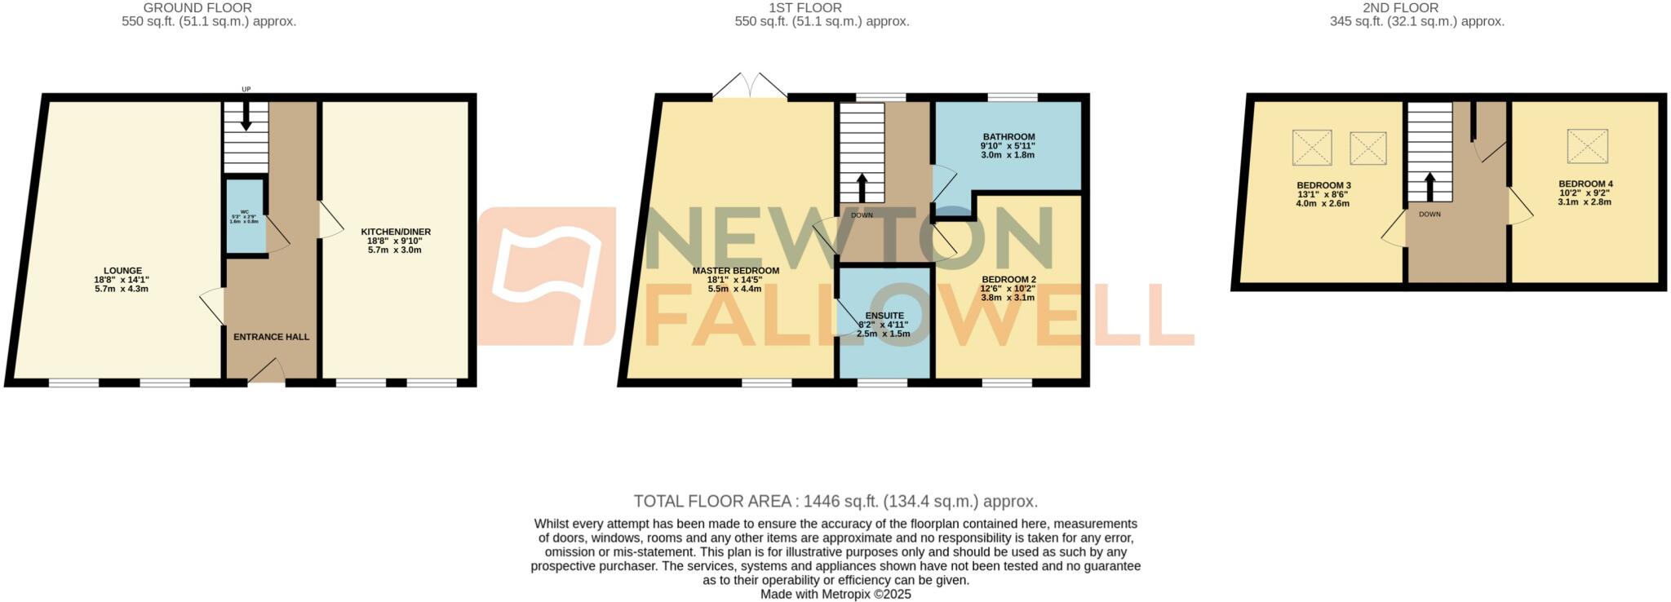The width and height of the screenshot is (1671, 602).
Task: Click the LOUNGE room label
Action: pyautogui.click(x=122, y=271)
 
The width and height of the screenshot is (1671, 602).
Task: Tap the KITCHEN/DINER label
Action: pyautogui.click(x=396, y=232)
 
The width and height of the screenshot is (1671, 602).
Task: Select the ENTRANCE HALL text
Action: pyautogui.click(x=271, y=337)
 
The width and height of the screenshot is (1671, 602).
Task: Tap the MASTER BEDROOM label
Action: pyautogui.click(x=735, y=271)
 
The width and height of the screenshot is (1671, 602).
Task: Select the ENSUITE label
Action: pyautogui.click(x=884, y=316)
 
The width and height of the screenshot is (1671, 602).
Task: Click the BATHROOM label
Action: pyautogui.click(x=1008, y=137)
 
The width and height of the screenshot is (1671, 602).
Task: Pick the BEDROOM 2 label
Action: pyautogui.click(x=1008, y=279)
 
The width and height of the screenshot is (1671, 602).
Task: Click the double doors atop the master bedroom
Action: pyautogui.click(x=750, y=86)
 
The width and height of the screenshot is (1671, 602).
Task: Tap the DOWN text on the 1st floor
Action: pyautogui.click(x=862, y=215)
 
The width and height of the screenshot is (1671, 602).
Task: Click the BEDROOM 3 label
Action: pyautogui.click(x=1323, y=186)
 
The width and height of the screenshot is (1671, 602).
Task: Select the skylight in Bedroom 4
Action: pyautogui.click(x=1587, y=146)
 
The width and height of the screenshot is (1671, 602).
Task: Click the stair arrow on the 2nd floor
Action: pyautogui.click(x=1429, y=185)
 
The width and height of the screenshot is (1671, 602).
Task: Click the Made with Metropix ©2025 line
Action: pyautogui.click(x=835, y=595)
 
